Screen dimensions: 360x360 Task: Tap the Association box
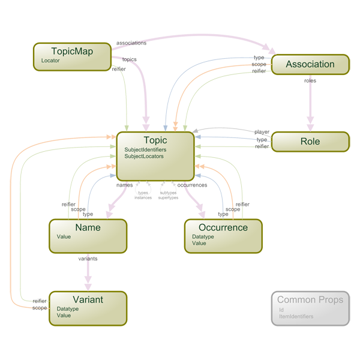pos(310,64)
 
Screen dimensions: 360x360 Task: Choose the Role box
pos(310,142)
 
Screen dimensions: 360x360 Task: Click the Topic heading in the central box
pos(155,140)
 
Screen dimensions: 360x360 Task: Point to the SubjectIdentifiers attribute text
pos(145,149)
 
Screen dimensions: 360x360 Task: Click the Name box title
pos(88,228)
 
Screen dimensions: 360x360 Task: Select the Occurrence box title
pos(224,228)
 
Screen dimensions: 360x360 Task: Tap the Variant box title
pos(88,299)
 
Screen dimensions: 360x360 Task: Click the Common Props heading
pos(310,299)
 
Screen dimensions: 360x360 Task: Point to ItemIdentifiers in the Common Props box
pos(296,316)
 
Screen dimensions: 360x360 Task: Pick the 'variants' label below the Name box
pos(88,258)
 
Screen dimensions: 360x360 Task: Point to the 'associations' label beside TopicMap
pos(130,43)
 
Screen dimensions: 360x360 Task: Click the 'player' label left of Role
pos(262,132)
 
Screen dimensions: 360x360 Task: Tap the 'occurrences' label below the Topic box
pos(192,185)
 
